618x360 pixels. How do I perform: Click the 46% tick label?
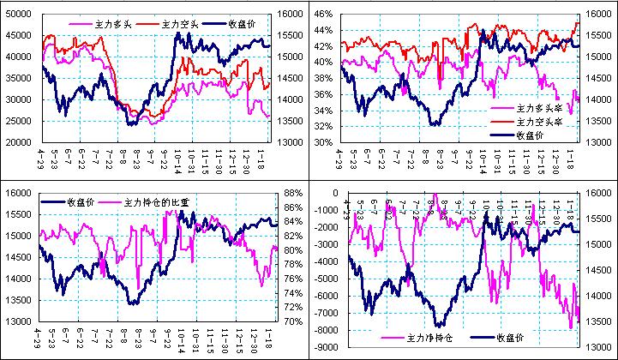click(x=322, y=14)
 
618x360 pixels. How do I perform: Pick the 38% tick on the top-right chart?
click(x=322, y=87)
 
